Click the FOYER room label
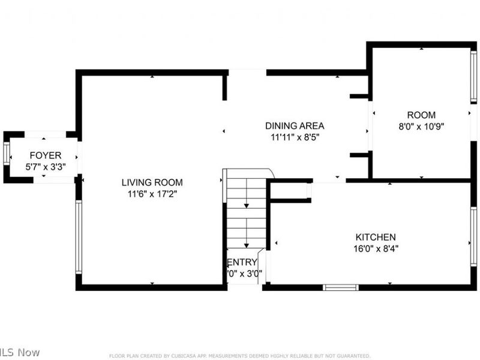[x=46, y=155]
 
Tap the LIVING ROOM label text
[x=152, y=182]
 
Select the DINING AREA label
[x=295, y=126]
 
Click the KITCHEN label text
[x=376, y=237]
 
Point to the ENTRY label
[x=243, y=262]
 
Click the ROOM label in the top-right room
[x=421, y=115]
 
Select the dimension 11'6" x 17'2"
[x=152, y=194]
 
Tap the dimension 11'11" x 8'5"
[x=295, y=137]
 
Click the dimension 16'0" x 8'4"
[x=376, y=248]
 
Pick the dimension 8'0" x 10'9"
[x=421, y=126]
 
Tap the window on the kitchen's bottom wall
[x=340, y=287]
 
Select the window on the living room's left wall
[x=78, y=237]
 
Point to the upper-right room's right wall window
[x=473, y=77]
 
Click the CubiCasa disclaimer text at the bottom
[x=239, y=356]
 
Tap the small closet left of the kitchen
[x=289, y=190]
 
